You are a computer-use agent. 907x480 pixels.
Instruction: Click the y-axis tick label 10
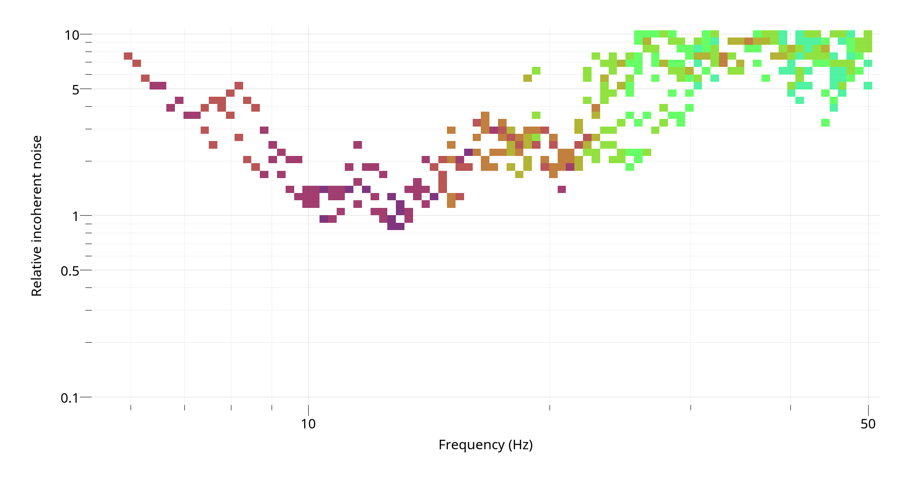(71, 35)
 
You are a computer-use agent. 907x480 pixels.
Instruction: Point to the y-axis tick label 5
(75, 89)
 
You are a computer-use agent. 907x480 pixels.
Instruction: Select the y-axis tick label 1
(75, 216)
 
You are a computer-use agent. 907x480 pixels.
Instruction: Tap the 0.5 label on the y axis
(70, 271)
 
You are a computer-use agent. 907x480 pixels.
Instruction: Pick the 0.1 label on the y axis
(70, 398)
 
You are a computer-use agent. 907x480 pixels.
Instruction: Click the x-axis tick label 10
(308, 424)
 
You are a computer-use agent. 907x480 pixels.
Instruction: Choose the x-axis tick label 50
(868, 424)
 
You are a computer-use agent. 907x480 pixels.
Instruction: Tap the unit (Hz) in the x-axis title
(521, 445)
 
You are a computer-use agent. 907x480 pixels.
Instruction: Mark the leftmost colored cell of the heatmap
(128, 56)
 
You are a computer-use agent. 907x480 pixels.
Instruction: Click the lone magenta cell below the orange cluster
(561, 189)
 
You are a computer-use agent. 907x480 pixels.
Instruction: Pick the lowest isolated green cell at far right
(825, 122)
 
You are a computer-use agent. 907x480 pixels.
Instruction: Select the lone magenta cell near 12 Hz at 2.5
(357, 145)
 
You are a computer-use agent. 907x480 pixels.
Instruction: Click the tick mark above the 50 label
(868, 407)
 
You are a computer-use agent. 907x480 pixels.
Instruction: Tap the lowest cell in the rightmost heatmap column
(868, 85)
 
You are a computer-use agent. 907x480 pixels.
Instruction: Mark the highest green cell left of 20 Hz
(536, 71)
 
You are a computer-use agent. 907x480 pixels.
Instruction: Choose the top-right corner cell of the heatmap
(868, 34)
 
